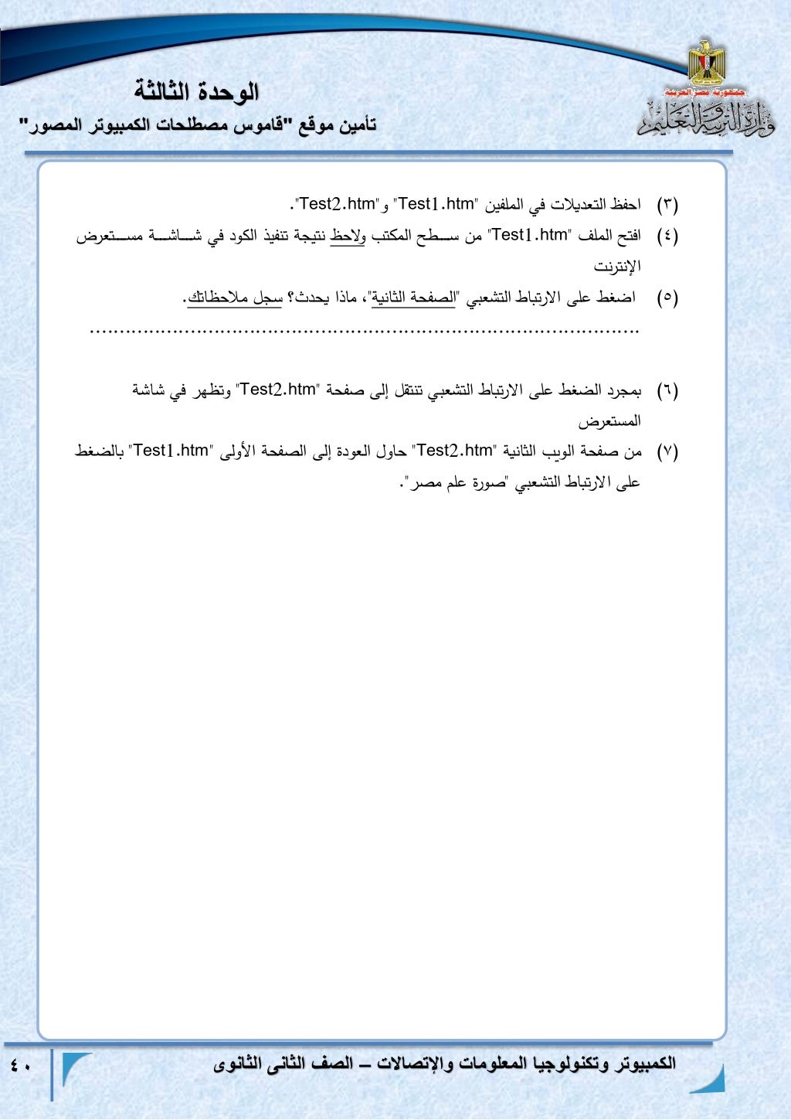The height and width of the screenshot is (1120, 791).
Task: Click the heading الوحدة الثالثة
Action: coord(196,92)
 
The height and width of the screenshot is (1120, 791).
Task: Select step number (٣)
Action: coord(667,205)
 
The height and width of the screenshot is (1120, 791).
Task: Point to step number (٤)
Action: coord(667,236)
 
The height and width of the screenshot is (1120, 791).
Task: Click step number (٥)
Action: coord(667,298)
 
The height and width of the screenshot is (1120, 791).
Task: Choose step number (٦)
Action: coord(667,390)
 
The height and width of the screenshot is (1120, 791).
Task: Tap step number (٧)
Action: coord(667,451)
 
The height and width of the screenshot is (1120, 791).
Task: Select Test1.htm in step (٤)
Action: coord(529,235)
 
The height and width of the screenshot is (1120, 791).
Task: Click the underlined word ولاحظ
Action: coord(348,236)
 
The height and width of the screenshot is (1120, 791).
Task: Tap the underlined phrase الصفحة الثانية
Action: coord(413,298)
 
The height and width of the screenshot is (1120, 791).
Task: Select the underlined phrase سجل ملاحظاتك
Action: coord(236,298)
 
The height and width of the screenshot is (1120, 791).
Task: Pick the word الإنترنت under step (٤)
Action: coord(617,267)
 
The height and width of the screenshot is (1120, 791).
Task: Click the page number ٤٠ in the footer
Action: coord(21,1066)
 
